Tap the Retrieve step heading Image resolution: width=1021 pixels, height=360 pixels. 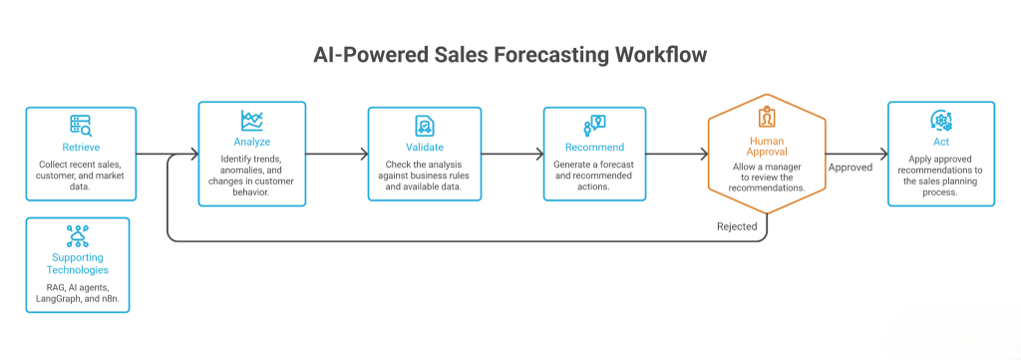click(x=81, y=147)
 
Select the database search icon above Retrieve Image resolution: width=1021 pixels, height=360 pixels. click(x=81, y=125)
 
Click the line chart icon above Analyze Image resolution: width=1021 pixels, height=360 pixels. click(x=252, y=121)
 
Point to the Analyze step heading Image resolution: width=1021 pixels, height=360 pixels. click(x=252, y=142)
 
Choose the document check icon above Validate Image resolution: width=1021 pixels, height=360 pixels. click(x=425, y=126)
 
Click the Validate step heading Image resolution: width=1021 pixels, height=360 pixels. click(x=425, y=148)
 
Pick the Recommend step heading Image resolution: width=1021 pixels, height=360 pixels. click(x=594, y=148)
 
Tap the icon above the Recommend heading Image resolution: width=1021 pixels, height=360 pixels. click(x=594, y=125)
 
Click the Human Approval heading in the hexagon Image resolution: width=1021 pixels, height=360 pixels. click(x=767, y=147)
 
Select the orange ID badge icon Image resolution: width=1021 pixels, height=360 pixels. click(x=767, y=118)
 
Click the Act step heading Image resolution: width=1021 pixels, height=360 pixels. click(x=941, y=142)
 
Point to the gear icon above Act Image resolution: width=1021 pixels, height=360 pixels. click(x=941, y=121)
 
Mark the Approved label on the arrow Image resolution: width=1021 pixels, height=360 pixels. click(x=851, y=168)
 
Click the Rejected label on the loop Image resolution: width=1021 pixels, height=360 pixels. click(x=737, y=226)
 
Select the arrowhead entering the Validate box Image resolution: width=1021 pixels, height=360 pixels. click(x=364, y=155)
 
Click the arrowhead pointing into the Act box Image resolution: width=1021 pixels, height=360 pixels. click(x=883, y=155)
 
